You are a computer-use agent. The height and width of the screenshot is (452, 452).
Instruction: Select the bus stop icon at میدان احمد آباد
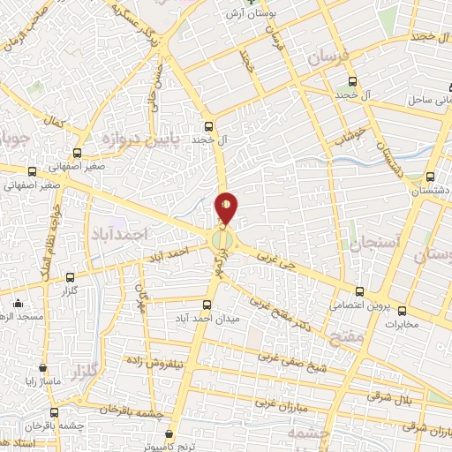pyautogui.click(x=207, y=304)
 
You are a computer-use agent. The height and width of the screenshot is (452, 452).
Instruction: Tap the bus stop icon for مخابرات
pyautogui.click(x=402, y=311)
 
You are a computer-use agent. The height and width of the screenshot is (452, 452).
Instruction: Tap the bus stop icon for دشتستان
pyautogui.click(x=430, y=177)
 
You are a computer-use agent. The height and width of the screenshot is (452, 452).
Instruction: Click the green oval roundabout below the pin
pyautogui.click(x=222, y=240)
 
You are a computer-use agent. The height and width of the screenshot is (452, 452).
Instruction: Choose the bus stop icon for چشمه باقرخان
pyautogui.click(x=55, y=412)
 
